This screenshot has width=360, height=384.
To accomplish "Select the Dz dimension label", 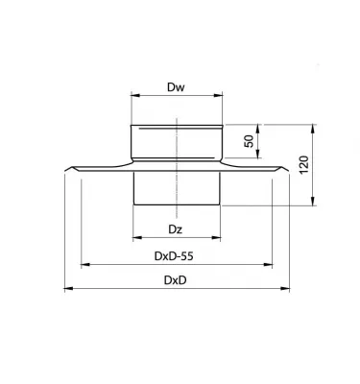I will click(x=175, y=228).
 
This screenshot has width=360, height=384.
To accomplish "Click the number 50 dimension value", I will click(x=249, y=141).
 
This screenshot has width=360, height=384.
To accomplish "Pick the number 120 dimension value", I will click(x=303, y=164).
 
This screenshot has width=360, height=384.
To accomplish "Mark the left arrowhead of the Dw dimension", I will click(x=132, y=97).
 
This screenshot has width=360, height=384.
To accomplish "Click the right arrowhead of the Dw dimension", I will click(x=221, y=97).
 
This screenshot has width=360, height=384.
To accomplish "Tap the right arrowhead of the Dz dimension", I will click(x=221, y=238).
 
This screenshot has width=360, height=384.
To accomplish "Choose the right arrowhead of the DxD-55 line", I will click(x=271, y=263).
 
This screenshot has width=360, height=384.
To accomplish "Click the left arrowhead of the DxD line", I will click(x=66, y=288).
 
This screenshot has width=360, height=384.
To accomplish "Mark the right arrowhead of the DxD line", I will click(x=288, y=288).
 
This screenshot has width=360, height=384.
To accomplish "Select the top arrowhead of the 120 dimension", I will click(x=313, y=126).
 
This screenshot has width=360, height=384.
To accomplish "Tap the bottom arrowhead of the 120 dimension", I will click(x=313, y=203).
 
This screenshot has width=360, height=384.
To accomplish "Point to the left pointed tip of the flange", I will click(x=64, y=173).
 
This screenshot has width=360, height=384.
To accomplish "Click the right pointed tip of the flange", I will click(x=290, y=173).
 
